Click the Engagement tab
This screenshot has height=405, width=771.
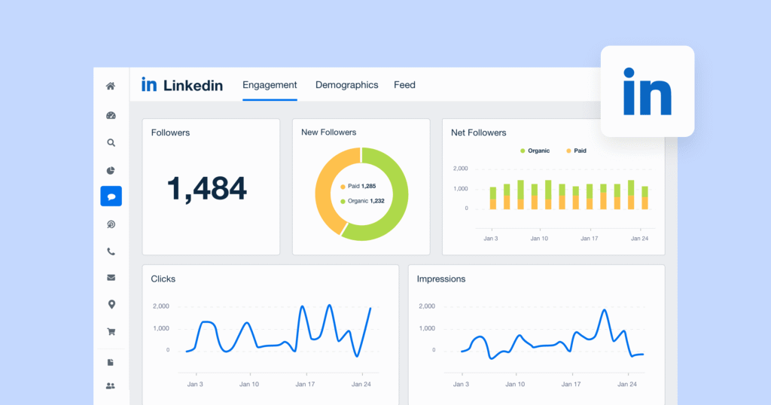point(270,85)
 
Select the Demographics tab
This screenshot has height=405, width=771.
point(346,85)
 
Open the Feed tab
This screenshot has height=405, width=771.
point(404,85)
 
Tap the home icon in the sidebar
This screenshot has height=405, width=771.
point(111,87)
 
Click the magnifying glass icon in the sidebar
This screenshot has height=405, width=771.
point(111,142)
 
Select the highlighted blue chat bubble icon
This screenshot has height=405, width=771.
point(111,196)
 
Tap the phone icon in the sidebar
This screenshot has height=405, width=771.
point(111,252)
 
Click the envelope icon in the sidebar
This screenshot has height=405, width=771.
point(111,278)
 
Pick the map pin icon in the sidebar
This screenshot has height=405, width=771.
point(111,304)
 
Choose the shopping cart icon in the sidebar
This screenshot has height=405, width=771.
point(111,331)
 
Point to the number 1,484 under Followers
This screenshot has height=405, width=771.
point(206,188)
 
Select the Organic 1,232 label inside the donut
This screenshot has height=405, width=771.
point(362,201)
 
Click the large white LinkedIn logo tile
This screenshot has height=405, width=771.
point(648,91)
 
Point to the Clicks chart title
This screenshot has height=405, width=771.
point(163,279)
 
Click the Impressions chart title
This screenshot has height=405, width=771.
point(441,279)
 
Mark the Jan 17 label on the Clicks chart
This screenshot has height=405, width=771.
point(305,384)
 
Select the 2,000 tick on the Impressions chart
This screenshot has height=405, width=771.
point(427,306)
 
